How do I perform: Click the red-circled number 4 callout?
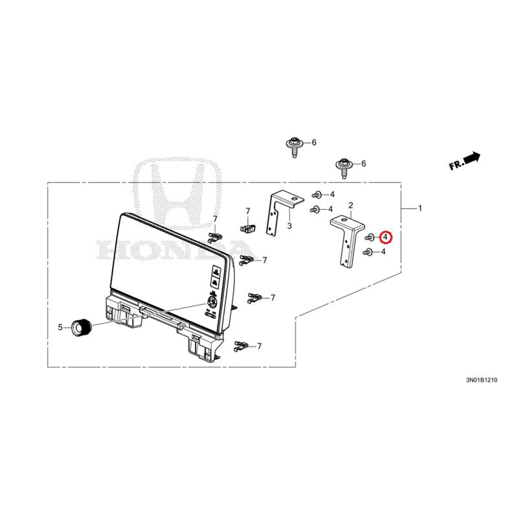pyautogui.click(x=385, y=237)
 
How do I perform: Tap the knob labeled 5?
pyautogui.click(x=82, y=328)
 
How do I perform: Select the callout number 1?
pyautogui.click(x=420, y=208)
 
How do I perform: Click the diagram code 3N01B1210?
pyautogui.click(x=481, y=380)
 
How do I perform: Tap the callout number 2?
pyautogui.click(x=350, y=205)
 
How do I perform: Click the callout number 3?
pyautogui.click(x=289, y=226)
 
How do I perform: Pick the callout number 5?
pyautogui.click(x=60, y=328)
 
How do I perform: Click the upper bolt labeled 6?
pyautogui.click(x=293, y=145)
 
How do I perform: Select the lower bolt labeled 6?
pyautogui.click(x=343, y=166)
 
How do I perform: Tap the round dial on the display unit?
pyautogui.click(x=211, y=301)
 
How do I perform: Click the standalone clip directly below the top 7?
pyautogui.click(x=247, y=227)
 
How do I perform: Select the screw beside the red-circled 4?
pyautogui.click(x=369, y=237)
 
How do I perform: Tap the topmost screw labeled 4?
pyautogui.click(x=316, y=194)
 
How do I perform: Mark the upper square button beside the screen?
pyautogui.click(x=216, y=271)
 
